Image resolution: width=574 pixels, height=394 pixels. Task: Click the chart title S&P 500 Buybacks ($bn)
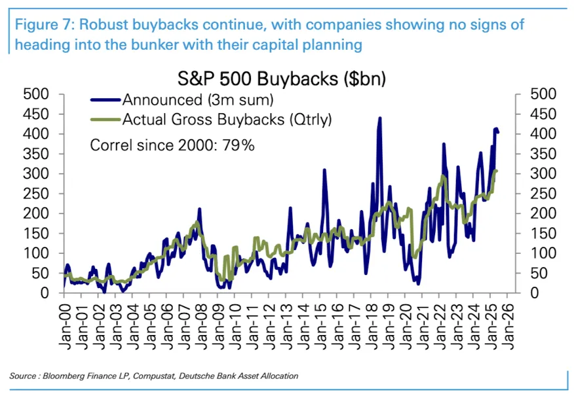tap(282, 79)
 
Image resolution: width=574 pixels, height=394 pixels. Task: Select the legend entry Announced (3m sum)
tap(197, 99)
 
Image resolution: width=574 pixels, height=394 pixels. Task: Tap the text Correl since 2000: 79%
tap(172, 145)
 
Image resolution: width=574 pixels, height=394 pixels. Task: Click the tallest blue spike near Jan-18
tap(379, 118)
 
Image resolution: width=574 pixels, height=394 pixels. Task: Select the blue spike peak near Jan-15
tap(324, 170)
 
